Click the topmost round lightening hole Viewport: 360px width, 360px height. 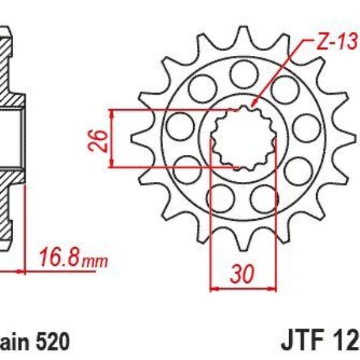(242, 75)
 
